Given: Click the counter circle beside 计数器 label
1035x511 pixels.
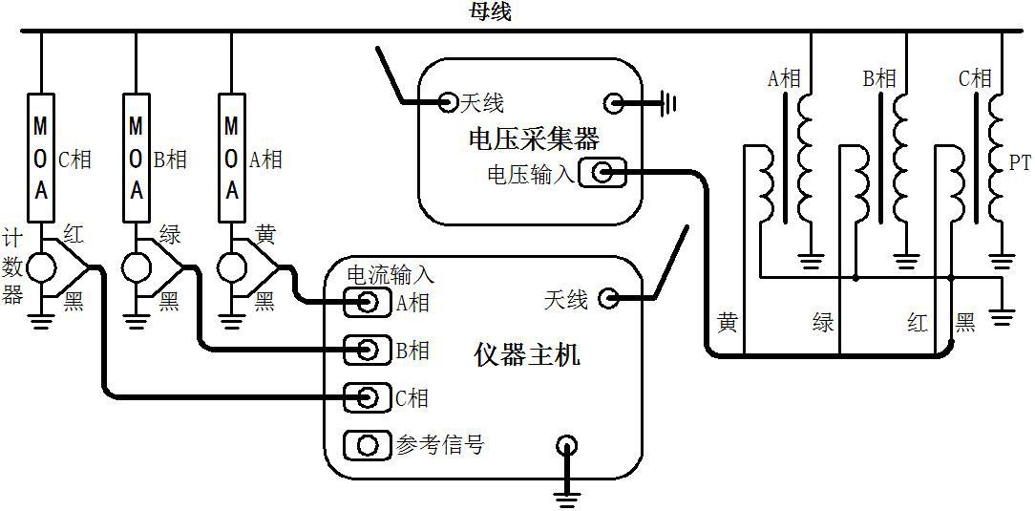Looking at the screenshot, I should tap(40, 268).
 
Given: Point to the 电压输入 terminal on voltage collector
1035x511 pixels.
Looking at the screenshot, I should tap(603, 173).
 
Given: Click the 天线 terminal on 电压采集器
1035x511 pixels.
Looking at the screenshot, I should tap(448, 100).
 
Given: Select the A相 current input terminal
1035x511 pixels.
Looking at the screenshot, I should tap(368, 303).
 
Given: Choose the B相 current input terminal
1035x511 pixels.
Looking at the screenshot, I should tap(368, 350).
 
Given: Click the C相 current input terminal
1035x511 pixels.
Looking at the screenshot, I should tap(368, 395).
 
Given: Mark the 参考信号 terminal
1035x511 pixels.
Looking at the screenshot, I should tap(368, 444).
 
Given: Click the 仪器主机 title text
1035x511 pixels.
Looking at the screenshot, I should tap(527, 354).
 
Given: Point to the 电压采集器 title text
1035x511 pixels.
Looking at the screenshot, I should tap(534, 138).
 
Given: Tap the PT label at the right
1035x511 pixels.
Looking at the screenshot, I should tap(1020, 163).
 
